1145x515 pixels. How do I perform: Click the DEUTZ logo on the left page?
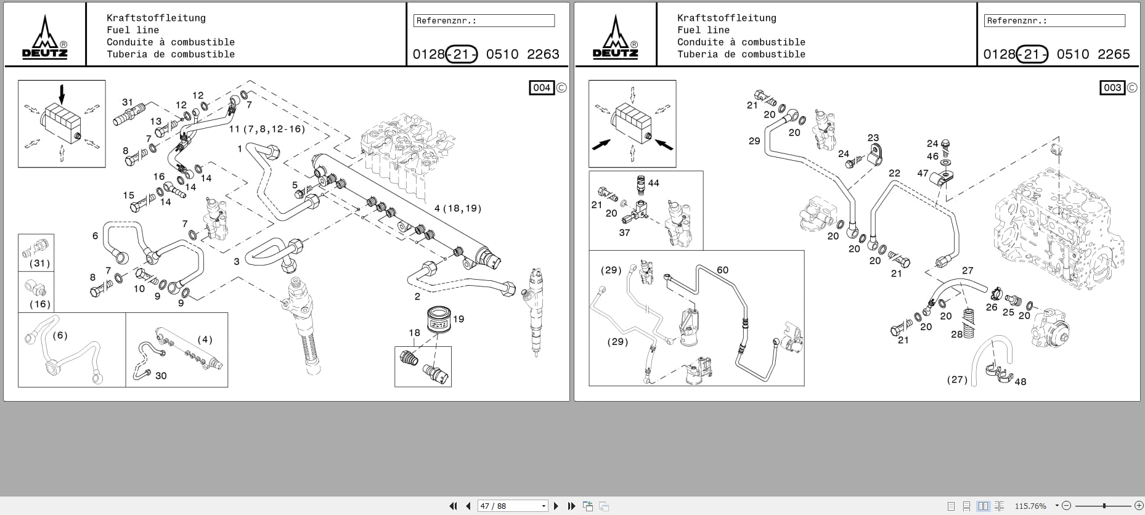click(x=45, y=38)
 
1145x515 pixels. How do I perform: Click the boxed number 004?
click(x=542, y=87)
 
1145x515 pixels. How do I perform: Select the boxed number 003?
click(x=1112, y=87)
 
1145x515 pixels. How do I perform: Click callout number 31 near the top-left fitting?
click(x=128, y=102)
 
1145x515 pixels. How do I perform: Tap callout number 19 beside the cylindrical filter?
click(x=458, y=319)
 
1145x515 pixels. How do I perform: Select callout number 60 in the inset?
click(x=722, y=270)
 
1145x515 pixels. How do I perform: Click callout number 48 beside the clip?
click(x=1021, y=381)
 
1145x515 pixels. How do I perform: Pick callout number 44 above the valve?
click(x=654, y=183)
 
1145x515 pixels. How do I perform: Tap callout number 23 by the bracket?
click(x=873, y=138)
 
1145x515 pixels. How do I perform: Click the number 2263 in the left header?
click(x=543, y=54)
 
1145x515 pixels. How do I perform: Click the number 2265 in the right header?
click(x=1114, y=54)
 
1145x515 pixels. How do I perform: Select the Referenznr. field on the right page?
click(x=1054, y=20)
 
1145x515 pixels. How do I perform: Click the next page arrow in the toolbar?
click(x=556, y=506)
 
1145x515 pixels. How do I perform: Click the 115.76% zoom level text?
click(x=1030, y=506)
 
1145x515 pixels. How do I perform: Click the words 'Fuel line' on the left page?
click(x=132, y=30)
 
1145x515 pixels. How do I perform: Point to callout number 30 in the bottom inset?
click(x=161, y=376)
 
